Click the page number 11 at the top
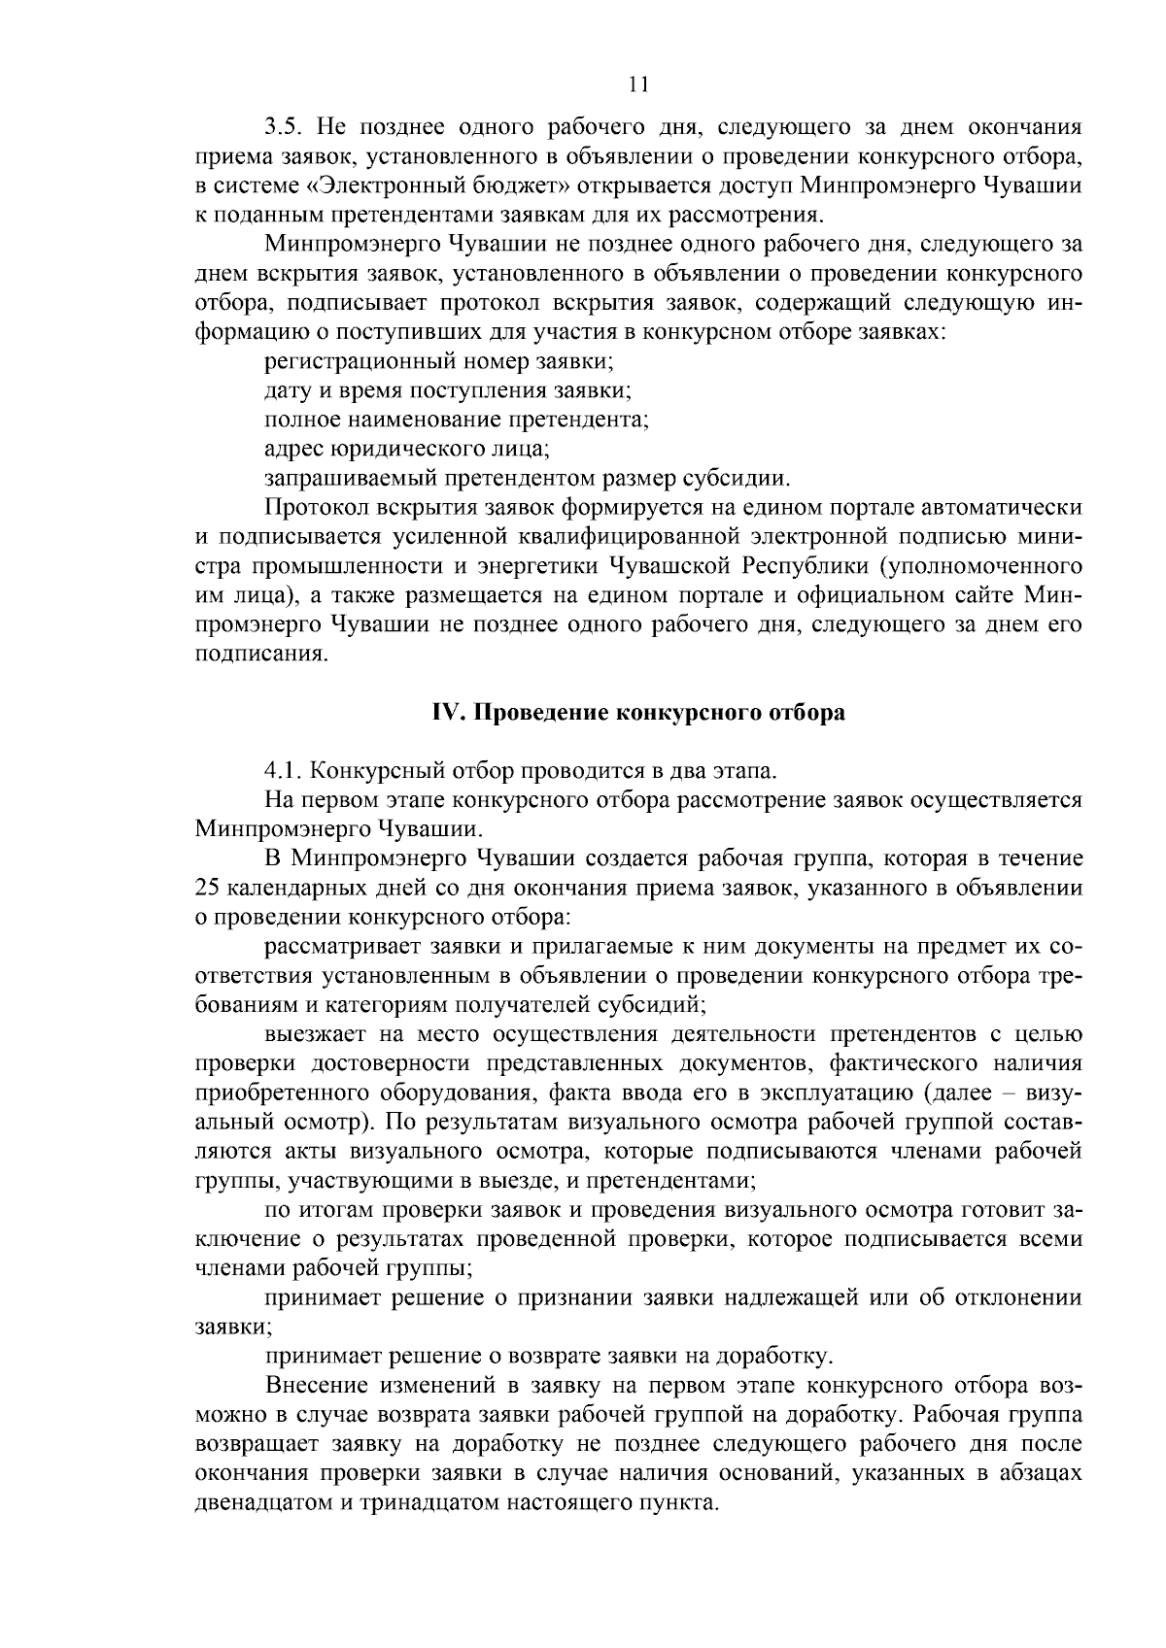638,84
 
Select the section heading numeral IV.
443,713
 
